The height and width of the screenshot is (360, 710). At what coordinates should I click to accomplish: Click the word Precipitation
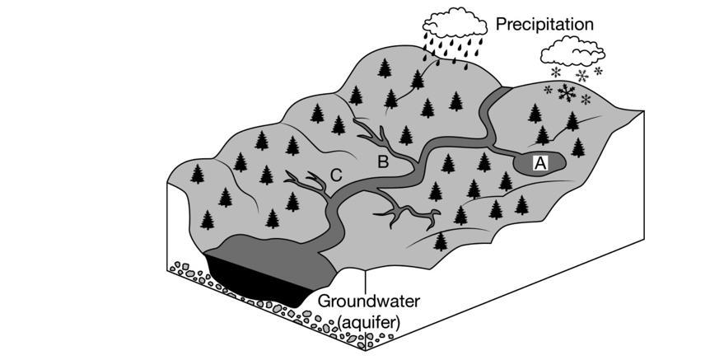click(544, 25)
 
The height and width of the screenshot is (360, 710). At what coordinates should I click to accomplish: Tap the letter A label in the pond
click(540, 163)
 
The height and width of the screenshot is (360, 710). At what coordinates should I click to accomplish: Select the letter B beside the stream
click(382, 161)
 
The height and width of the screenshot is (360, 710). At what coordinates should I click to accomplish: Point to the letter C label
click(335, 174)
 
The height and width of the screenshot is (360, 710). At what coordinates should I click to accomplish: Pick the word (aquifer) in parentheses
click(368, 322)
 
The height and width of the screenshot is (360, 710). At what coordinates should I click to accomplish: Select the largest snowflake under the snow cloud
click(565, 92)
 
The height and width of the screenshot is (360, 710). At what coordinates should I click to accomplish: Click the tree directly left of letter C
click(266, 174)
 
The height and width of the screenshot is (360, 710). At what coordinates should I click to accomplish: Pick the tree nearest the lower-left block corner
click(208, 220)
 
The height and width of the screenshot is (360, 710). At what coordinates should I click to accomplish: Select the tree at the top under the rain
click(418, 79)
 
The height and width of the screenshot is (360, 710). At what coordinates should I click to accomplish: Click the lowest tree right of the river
click(441, 241)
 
